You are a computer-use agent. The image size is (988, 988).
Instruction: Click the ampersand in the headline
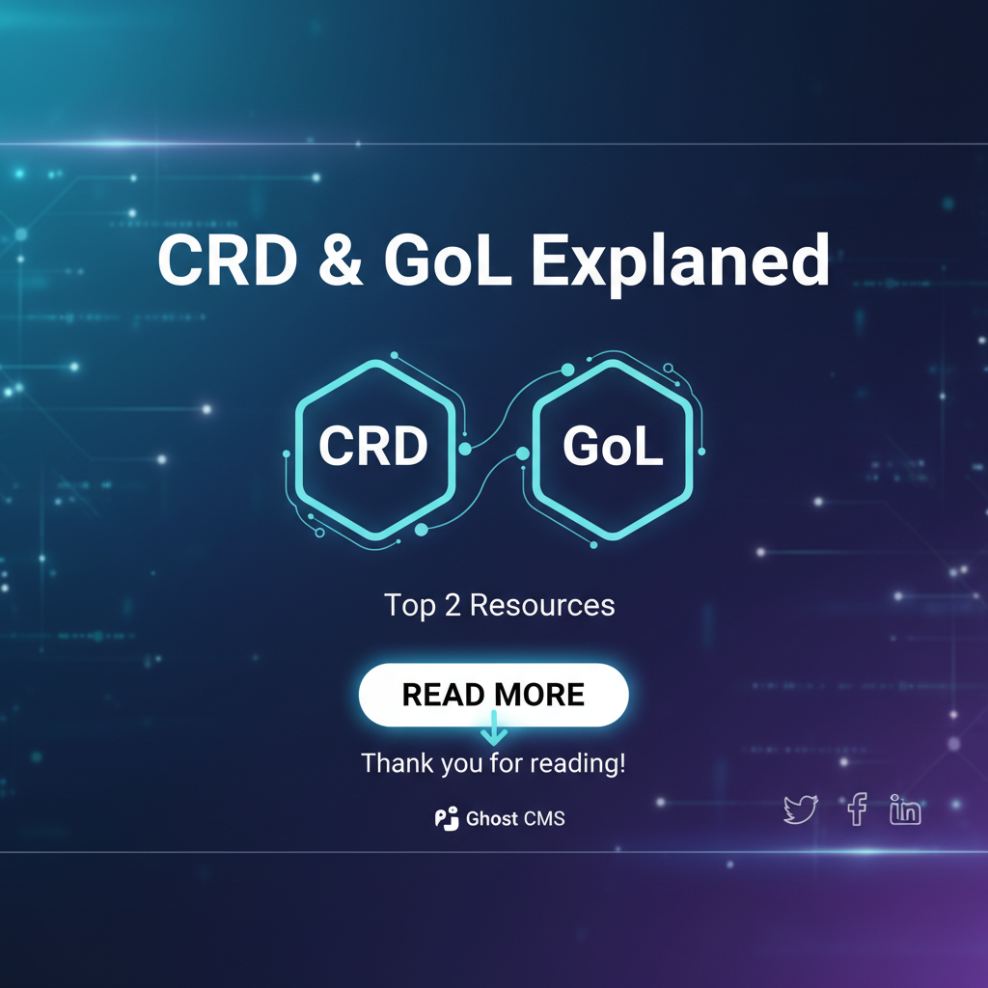[341, 260]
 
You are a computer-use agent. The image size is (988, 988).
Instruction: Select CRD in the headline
[228, 260]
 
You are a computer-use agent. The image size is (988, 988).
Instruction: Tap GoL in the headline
[448, 260]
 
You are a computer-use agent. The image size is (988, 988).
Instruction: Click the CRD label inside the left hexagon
[373, 446]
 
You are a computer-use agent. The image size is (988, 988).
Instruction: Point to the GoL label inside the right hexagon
[613, 446]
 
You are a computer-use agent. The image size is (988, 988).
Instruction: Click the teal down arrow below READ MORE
[494, 728]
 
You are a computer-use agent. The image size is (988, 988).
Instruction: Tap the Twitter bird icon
[800, 810]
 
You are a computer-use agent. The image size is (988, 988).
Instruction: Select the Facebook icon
[857, 810]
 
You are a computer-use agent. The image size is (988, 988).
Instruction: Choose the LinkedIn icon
[905, 810]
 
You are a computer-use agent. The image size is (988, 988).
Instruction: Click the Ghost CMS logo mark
[447, 818]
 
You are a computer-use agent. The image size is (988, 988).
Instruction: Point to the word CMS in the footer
[544, 818]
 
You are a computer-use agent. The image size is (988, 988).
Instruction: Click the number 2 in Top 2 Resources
[453, 605]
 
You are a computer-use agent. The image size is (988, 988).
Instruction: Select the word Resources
[542, 605]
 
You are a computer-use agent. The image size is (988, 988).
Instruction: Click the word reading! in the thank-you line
[578, 764]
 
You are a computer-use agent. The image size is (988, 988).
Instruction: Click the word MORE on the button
[540, 695]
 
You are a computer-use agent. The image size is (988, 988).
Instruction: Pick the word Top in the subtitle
[409, 606]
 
